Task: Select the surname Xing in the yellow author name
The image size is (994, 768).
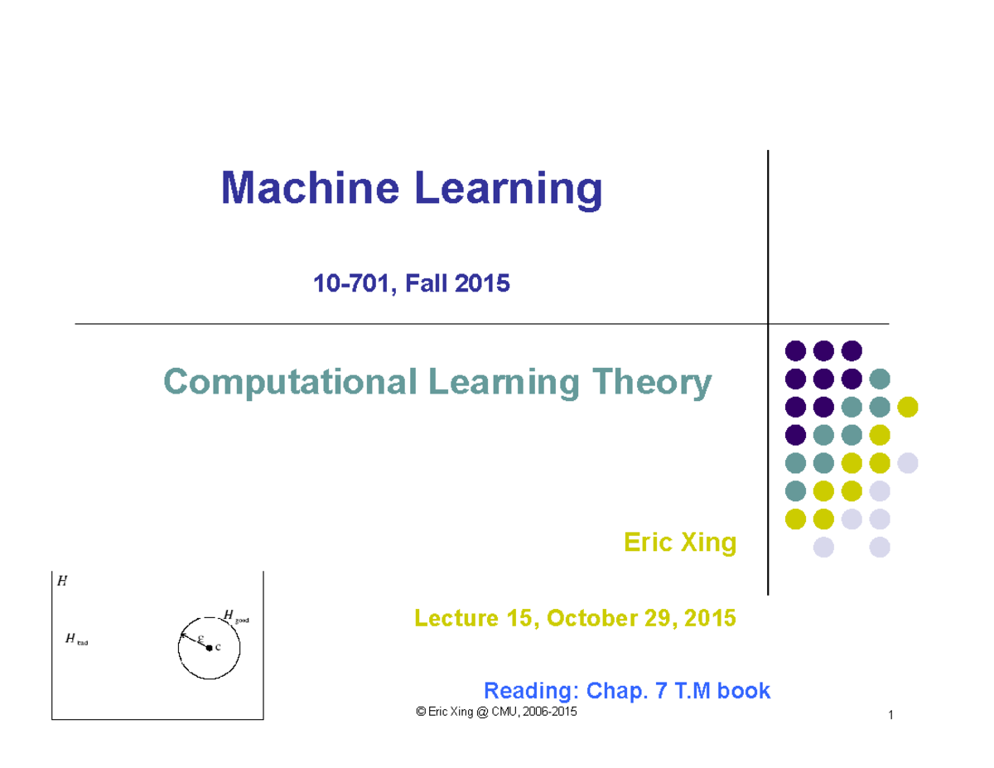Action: click(706, 543)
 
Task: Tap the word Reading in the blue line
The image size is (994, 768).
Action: click(529, 690)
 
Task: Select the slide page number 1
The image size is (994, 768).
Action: click(889, 717)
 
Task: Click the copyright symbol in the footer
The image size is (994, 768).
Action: click(421, 712)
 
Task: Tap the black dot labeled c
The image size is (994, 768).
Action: click(209, 647)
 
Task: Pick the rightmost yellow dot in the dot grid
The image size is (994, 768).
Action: click(908, 407)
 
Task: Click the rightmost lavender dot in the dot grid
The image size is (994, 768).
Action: click(908, 462)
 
